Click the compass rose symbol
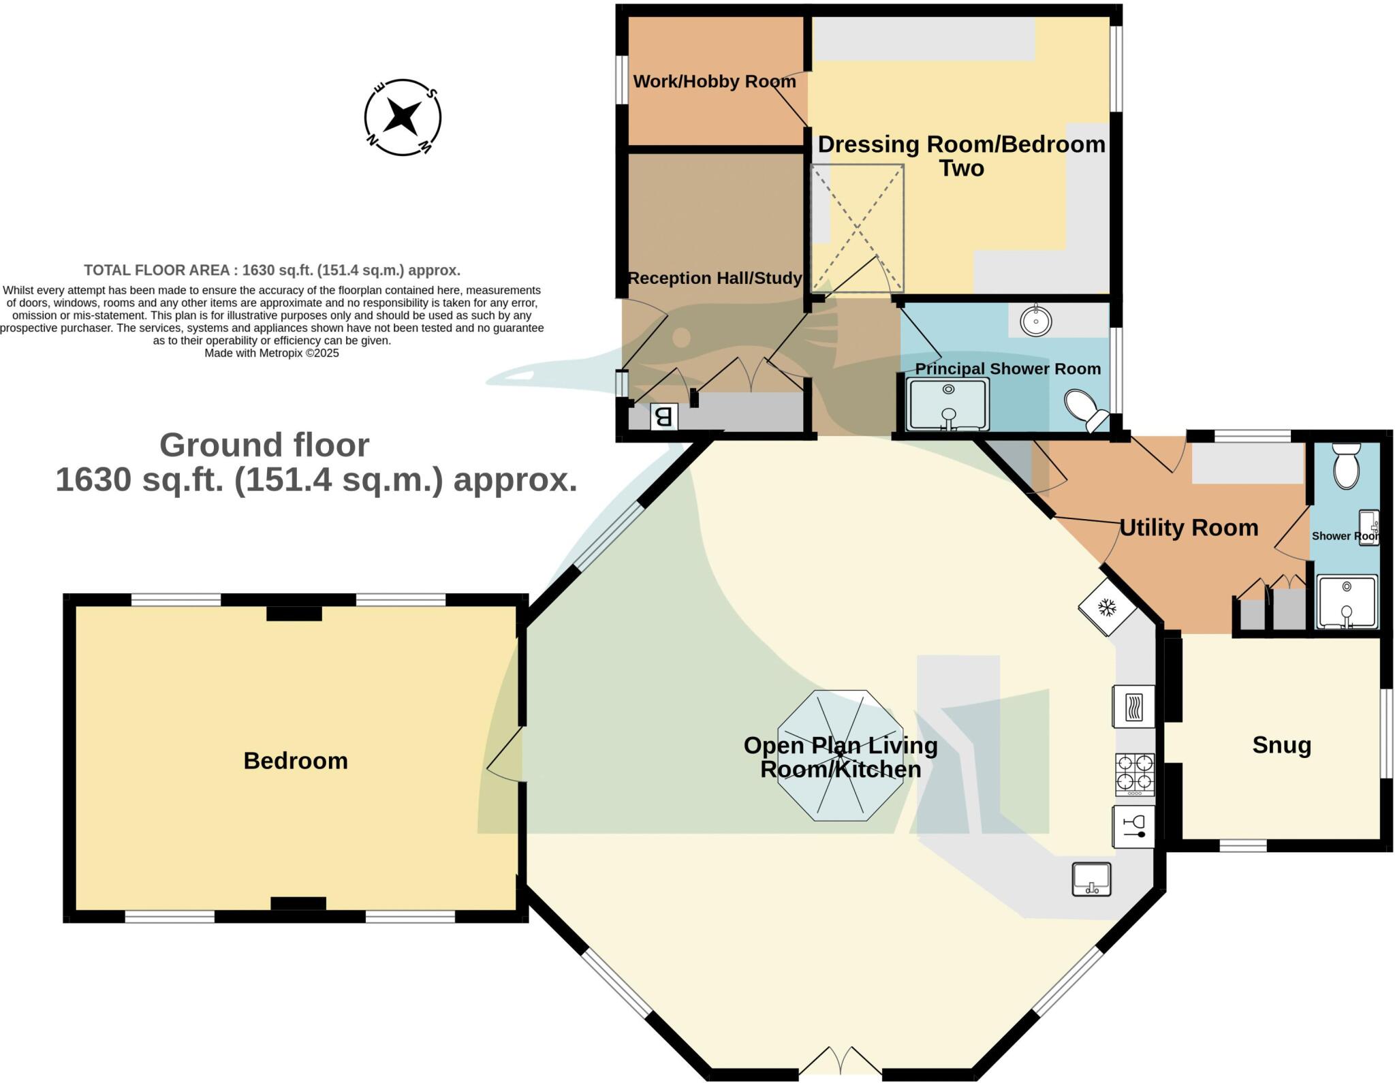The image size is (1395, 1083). (403, 117)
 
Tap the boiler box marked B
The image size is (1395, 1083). (664, 416)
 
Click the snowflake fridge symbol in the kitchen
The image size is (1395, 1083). (1108, 607)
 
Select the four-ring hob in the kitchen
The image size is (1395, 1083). (1135, 774)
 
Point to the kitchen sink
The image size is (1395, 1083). (1091, 879)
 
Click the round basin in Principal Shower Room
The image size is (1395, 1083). (1035, 321)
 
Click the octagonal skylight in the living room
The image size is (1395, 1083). (841, 755)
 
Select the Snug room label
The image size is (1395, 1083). (1281, 745)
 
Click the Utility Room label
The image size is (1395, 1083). (1189, 528)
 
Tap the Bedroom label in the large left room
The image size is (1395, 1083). (296, 761)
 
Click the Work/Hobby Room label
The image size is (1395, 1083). (715, 82)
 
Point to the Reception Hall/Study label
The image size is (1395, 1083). (715, 278)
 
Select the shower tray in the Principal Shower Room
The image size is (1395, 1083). (948, 405)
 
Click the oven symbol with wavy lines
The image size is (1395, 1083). (1134, 706)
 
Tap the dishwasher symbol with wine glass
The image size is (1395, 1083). (1134, 826)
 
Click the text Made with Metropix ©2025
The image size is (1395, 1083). (272, 354)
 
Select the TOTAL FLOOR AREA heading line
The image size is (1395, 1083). (272, 270)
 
